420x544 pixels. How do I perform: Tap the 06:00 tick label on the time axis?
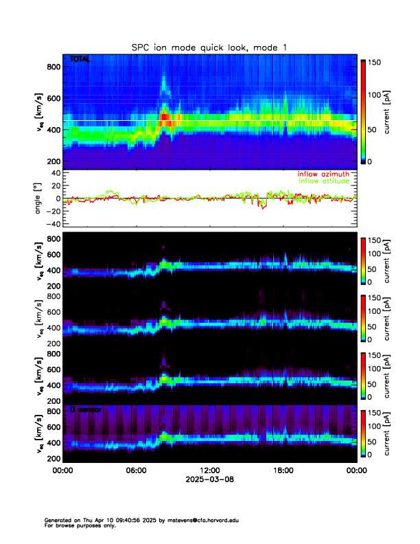point(136,471)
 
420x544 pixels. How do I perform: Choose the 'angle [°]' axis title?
point(40,199)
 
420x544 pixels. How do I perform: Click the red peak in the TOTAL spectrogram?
point(165,118)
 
